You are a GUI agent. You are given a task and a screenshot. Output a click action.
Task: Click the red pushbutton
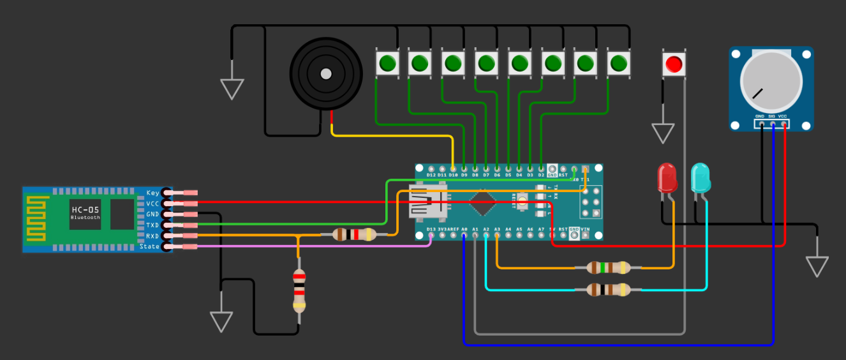click(x=674, y=64)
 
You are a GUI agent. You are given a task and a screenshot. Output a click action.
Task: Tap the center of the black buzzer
click(x=325, y=73)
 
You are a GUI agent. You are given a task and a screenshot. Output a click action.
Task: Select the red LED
click(x=667, y=178)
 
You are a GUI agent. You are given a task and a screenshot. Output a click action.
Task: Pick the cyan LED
click(x=700, y=178)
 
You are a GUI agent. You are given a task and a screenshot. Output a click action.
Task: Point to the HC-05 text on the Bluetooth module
click(x=85, y=209)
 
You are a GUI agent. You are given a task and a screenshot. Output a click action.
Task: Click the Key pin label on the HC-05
click(x=152, y=193)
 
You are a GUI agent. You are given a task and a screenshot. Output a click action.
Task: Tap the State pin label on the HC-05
click(x=150, y=246)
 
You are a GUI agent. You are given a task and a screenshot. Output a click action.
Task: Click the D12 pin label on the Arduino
click(x=431, y=174)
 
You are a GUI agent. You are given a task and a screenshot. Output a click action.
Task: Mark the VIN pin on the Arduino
click(x=584, y=229)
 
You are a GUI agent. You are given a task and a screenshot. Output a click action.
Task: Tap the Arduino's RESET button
click(x=523, y=203)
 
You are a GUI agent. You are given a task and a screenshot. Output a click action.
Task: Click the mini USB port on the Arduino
click(x=428, y=201)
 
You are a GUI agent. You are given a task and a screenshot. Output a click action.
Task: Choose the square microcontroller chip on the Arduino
click(x=484, y=203)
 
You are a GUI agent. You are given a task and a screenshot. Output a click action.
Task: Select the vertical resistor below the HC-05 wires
click(x=299, y=290)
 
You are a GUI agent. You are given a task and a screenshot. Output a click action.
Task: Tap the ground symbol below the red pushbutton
click(x=663, y=133)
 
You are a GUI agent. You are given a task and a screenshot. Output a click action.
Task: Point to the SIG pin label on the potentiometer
click(x=772, y=117)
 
